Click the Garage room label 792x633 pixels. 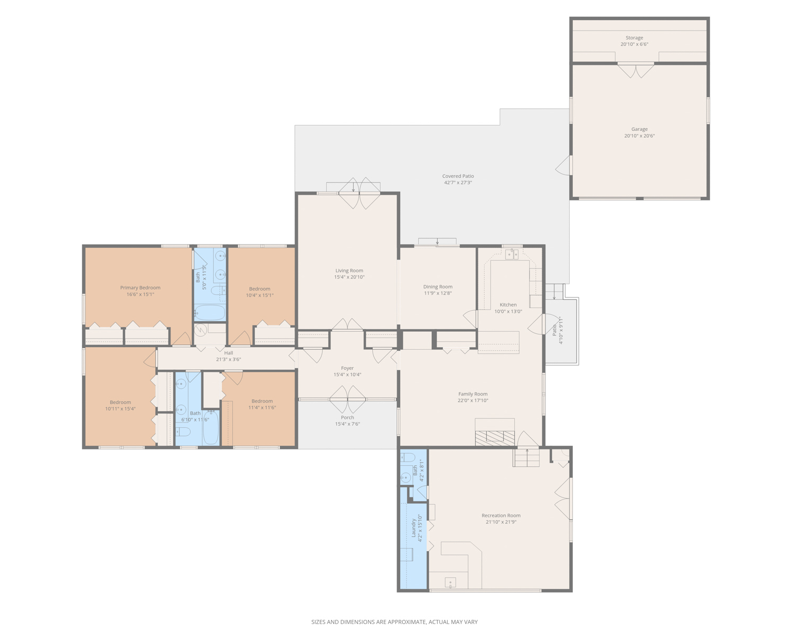point(639,129)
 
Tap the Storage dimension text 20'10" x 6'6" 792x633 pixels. point(634,44)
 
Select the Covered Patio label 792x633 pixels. point(458,176)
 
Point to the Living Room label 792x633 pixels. point(349,271)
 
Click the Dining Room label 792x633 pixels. point(438,287)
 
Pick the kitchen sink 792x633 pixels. point(512,254)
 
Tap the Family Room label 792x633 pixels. point(473,394)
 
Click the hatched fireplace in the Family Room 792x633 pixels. point(495,438)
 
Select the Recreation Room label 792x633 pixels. point(501,515)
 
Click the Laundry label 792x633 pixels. point(413,528)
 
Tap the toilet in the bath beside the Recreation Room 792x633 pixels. point(408,457)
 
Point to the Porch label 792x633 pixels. point(347,417)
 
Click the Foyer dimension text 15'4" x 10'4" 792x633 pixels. point(347,375)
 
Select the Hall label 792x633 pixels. point(229,353)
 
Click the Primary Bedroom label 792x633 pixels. point(140,287)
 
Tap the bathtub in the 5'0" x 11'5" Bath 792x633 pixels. point(210,313)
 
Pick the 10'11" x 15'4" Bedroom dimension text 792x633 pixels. point(120,409)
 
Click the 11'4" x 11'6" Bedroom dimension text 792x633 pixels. point(262,408)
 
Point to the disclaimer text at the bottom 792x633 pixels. point(394,622)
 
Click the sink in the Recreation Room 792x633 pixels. point(450,582)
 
